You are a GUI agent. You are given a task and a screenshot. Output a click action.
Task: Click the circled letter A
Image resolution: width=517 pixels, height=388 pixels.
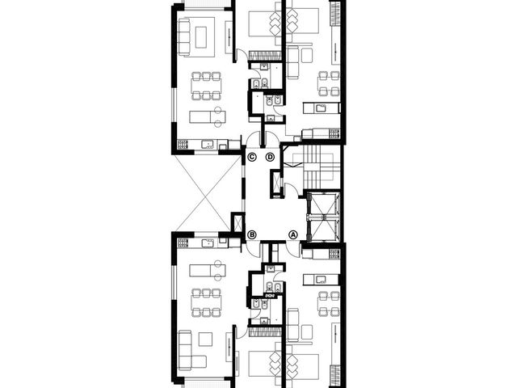click(x=292, y=234)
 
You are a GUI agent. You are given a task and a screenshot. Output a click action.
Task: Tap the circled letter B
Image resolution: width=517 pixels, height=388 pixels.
click(x=252, y=234)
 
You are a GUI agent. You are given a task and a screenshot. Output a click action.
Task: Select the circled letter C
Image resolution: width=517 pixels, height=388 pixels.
click(x=252, y=157)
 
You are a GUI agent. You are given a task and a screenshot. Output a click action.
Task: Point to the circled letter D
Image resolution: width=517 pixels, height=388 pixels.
click(x=270, y=157)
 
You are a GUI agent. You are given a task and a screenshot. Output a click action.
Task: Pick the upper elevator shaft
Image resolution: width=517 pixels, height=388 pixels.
click(x=322, y=203)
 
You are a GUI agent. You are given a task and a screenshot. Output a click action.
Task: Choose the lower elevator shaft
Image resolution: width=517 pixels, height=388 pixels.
click(x=322, y=230)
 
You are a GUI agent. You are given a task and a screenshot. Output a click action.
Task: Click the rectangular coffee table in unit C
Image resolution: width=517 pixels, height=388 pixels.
click(x=201, y=37)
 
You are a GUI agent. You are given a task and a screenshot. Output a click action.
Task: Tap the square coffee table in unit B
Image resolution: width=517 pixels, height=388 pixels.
click(x=205, y=339)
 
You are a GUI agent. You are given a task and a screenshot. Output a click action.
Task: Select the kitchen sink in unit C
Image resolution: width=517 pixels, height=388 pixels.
click(x=208, y=144)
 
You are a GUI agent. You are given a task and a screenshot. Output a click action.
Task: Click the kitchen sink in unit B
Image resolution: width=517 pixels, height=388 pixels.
click(x=208, y=243)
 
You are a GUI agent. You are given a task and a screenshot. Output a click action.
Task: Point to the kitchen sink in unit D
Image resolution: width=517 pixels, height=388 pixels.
click(x=321, y=108)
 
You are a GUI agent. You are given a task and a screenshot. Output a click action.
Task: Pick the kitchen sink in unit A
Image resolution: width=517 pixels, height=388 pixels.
click(x=321, y=280)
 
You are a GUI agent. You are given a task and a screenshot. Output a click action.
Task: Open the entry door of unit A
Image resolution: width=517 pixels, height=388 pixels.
click(x=293, y=249)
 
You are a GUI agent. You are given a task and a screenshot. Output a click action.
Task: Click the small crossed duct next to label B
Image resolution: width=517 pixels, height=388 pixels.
click(x=237, y=223)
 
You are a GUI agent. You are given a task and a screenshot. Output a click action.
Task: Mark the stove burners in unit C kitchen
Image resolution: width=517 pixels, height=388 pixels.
click(x=183, y=144)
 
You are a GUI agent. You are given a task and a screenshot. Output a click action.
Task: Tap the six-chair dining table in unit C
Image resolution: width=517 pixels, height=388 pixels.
click(x=206, y=86)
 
